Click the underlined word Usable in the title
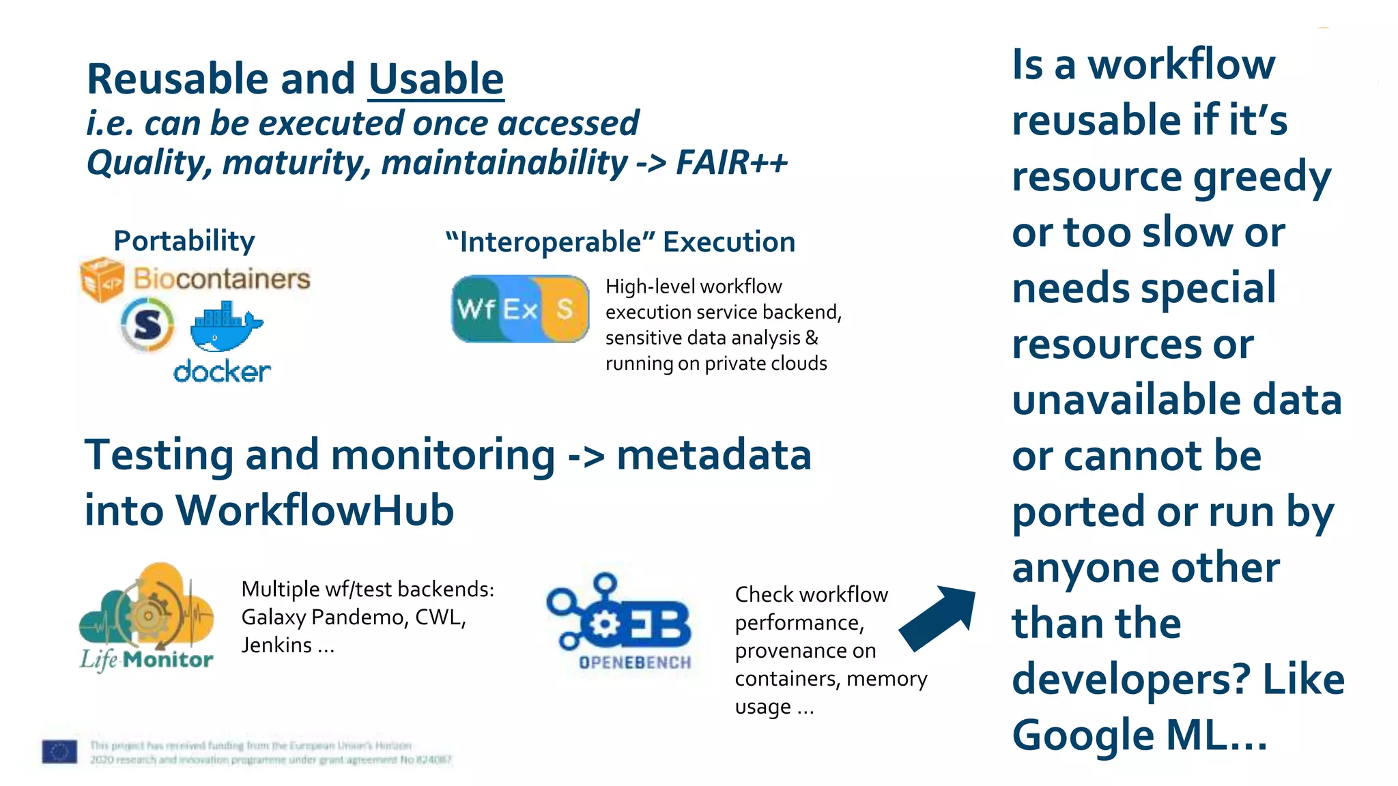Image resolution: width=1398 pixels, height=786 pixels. click(436, 79)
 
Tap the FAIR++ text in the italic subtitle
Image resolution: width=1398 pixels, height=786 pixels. click(731, 162)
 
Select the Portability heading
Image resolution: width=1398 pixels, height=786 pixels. click(184, 241)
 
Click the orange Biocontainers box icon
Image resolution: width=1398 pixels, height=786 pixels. click(102, 279)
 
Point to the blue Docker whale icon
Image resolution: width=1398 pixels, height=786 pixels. click(225, 327)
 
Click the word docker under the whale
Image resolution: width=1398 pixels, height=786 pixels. click(222, 372)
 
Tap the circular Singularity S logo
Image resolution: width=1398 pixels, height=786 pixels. click(147, 325)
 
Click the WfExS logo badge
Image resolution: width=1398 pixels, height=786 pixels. click(520, 309)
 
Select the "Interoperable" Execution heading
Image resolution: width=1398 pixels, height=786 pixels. click(620, 242)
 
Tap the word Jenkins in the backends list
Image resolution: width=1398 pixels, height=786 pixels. click(276, 645)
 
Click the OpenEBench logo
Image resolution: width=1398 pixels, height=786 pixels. click(619, 621)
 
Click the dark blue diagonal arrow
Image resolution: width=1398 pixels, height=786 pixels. click(939, 618)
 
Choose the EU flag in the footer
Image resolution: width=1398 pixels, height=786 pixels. click(59, 751)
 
